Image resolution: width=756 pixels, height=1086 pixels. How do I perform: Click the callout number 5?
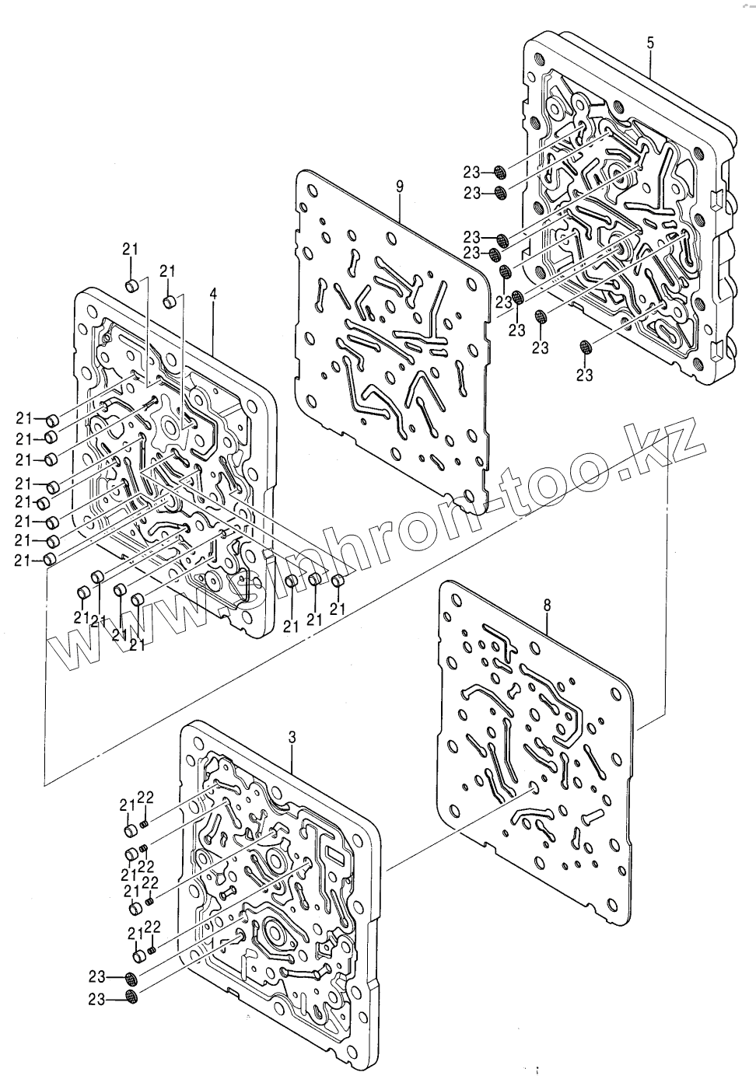tap(650, 42)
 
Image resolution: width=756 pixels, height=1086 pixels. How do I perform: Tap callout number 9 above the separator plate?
tap(399, 186)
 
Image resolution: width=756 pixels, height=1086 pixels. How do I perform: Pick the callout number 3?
tap(292, 736)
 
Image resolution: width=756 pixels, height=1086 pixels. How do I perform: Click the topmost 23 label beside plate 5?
tap(473, 173)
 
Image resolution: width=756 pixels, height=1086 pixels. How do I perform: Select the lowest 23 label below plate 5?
tap(584, 375)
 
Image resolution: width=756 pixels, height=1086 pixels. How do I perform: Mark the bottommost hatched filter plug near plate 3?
tap(131, 997)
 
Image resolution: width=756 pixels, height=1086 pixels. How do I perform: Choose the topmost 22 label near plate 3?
tap(147, 797)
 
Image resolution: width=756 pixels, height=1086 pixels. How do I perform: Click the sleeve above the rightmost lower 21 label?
tap(338, 581)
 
